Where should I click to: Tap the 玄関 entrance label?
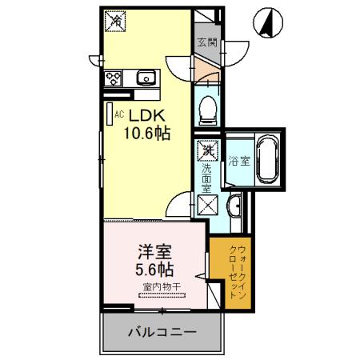(207, 43)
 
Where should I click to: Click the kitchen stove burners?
(113, 78)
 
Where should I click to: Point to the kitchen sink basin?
(147, 78)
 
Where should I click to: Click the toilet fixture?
(207, 109)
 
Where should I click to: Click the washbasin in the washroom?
(233, 209)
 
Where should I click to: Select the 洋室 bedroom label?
(151, 250)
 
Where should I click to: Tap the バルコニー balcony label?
(160, 331)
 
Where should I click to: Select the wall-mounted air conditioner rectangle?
(110, 114)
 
